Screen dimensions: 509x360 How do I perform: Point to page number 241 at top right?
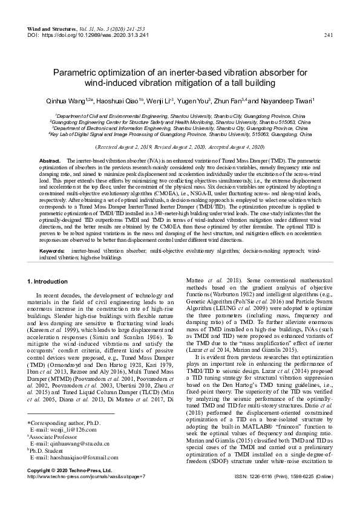click(329, 34)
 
